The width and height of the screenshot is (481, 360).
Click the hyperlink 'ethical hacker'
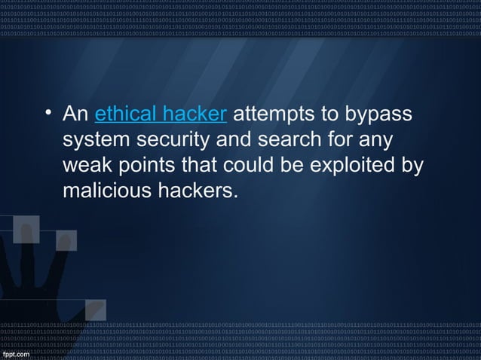tap(161, 115)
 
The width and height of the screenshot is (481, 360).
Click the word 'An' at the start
tap(76, 115)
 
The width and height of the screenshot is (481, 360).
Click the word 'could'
tap(247, 166)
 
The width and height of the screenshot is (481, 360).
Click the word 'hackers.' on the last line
tap(195, 191)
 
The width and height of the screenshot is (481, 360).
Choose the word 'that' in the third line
tap(196, 166)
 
